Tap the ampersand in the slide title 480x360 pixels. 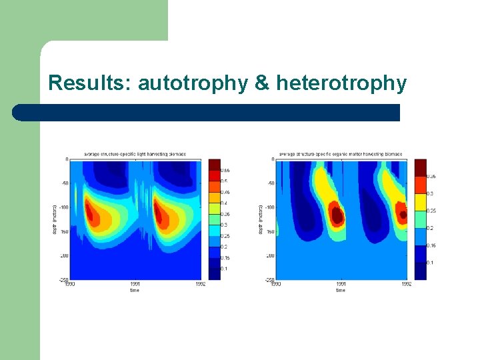263,83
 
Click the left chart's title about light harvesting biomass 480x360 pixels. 134,155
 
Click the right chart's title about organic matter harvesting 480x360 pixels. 341,155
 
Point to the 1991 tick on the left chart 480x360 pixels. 135,284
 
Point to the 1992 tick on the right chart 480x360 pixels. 407,284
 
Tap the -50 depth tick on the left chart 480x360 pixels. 65,183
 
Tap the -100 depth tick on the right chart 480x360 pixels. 270,207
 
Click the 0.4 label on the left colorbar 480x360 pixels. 225,203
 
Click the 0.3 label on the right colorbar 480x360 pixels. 430,193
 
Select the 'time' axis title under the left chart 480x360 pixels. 135,290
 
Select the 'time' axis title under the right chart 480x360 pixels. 341,290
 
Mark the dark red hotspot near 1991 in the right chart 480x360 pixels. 337,215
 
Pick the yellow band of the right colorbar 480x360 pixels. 420,202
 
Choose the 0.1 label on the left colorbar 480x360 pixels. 225,269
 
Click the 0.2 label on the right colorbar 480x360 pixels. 430,228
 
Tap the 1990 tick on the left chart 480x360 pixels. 70,284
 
